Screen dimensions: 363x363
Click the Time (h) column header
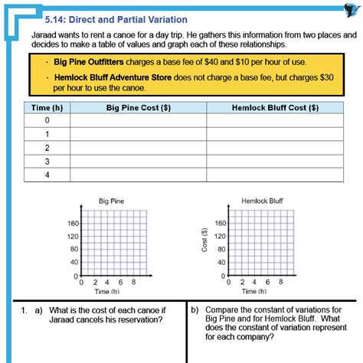coord(46,108)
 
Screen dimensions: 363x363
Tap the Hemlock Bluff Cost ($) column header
coord(275,108)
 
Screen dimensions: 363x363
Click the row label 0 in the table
coord(46,121)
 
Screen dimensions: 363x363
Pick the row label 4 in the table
coord(46,175)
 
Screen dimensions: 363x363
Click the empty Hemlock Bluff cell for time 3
coord(275,162)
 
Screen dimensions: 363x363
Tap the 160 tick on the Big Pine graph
coord(73,224)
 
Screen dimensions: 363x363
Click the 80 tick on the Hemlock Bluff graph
coord(221,250)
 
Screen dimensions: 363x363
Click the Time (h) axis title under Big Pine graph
coord(107,292)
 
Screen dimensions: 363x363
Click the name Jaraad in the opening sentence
coord(44,35)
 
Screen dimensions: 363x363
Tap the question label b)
coord(195,310)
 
